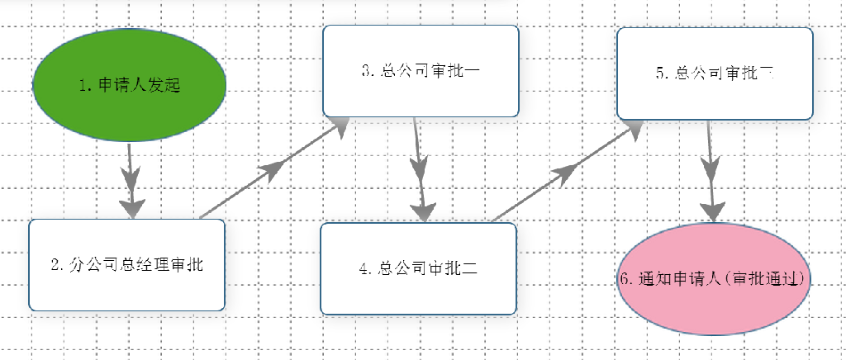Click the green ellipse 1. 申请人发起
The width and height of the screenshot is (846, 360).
[130, 85]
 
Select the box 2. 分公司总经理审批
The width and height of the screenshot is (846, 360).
[126, 265]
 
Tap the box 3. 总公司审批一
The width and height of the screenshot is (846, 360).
[421, 71]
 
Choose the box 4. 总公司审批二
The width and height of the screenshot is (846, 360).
[418, 268]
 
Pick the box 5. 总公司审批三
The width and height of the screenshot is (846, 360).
[715, 73]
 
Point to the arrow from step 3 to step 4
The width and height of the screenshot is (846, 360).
[420, 170]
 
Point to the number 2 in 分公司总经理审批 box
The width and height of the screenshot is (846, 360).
[55, 266]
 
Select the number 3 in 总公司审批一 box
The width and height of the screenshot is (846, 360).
[366, 71]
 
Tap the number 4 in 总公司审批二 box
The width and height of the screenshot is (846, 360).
[364, 268]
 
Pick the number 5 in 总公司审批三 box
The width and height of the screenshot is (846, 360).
[660, 73]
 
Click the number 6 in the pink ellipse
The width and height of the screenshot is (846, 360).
[624, 279]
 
